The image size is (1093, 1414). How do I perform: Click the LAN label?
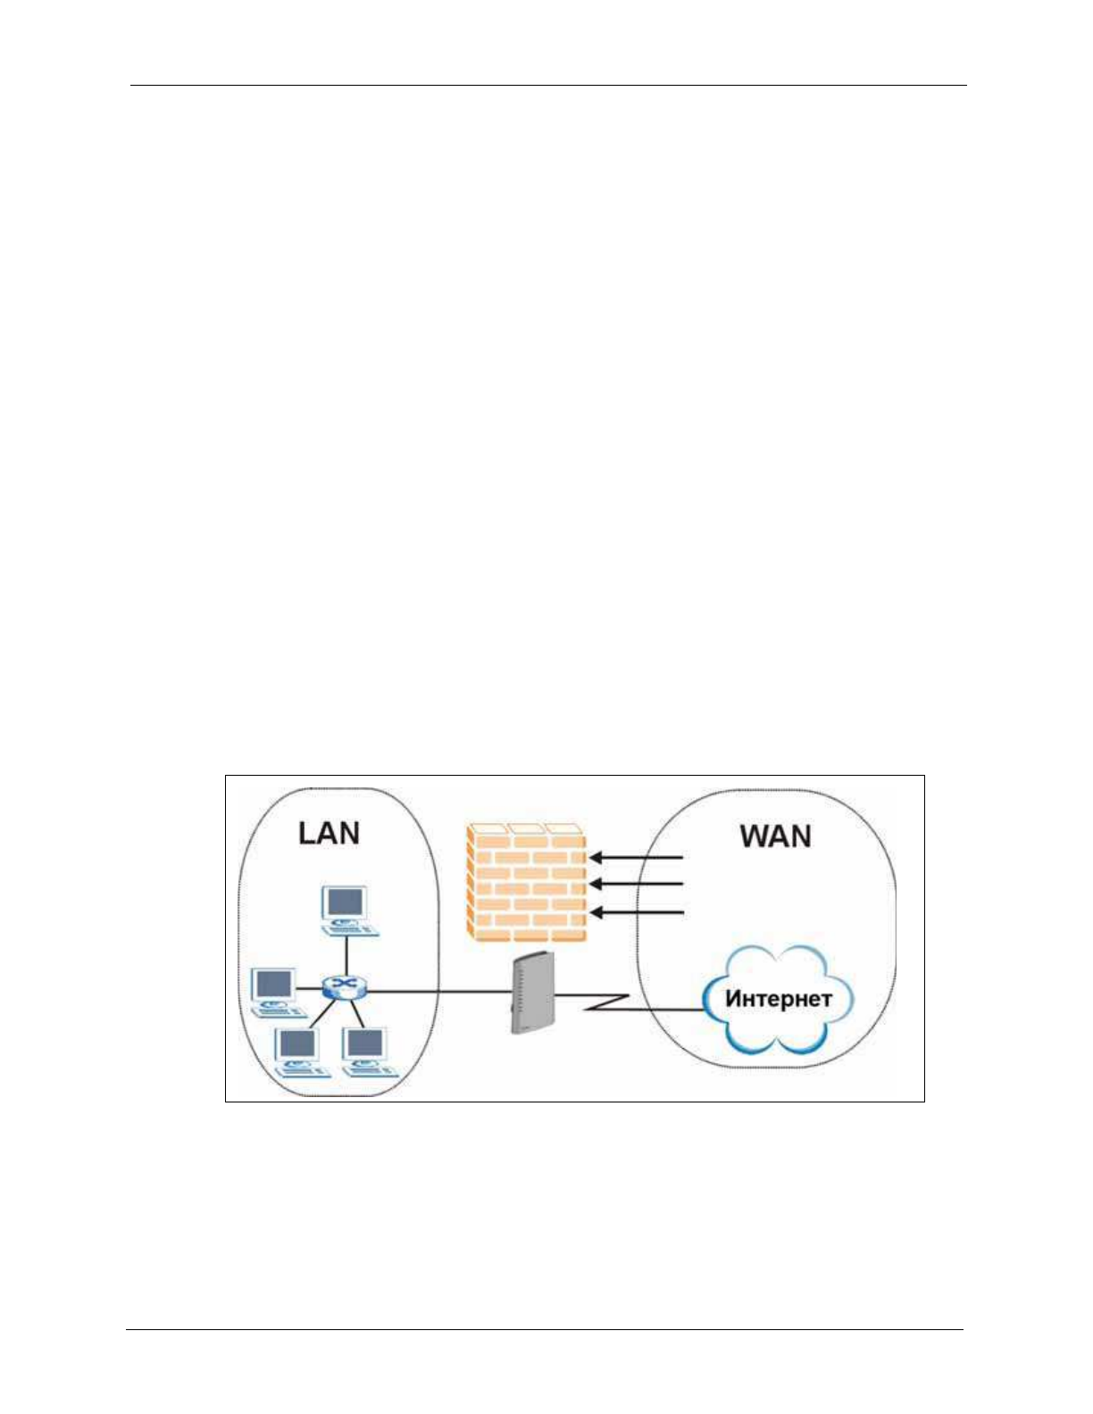tap(329, 833)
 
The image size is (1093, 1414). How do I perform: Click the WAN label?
tap(775, 836)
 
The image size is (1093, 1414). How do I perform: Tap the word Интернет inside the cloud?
tap(778, 998)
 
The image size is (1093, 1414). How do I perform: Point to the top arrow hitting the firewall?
tap(636, 858)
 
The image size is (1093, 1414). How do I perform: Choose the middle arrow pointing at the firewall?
tap(636, 885)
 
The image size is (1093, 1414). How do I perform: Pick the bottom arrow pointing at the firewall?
tap(636, 912)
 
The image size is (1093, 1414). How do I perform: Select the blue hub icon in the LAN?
tap(344, 987)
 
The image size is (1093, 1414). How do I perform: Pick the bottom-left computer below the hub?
tap(298, 1052)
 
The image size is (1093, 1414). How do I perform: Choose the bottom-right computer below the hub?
tap(366, 1050)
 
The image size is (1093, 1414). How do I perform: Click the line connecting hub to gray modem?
tap(438, 990)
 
